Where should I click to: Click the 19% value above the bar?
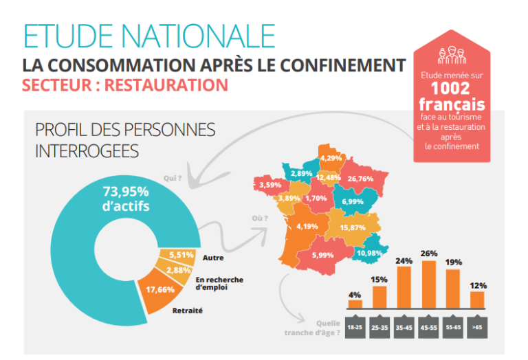pos(453,262)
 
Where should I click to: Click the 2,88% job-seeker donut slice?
pos(178,271)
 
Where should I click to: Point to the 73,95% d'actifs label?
pos(126,197)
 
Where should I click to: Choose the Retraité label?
pos(188,311)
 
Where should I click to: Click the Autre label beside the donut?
pos(213,258)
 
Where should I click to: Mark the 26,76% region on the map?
pos(360,179)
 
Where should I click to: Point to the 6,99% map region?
pos(352,201)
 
